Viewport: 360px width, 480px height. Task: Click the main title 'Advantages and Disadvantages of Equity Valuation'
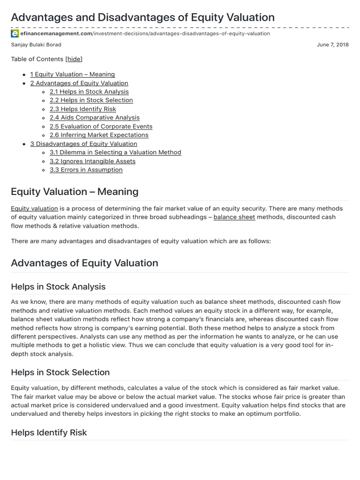coord(142,17)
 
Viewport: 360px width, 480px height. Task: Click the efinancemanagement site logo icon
coord(15,34)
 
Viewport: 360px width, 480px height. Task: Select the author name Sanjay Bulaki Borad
coord(36,45)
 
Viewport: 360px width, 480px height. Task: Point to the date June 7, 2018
coord(333,45)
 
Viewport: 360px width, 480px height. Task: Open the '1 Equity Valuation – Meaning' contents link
coord(72,74)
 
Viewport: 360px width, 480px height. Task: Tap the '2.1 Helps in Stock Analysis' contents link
coord(89,92)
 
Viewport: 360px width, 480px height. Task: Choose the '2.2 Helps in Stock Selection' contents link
coord(91,100)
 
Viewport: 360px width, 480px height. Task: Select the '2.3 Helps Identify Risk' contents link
coord(82,109)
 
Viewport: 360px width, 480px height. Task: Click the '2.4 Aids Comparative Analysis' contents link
coord(94,118)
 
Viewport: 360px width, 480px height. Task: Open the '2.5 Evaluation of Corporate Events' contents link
coord(101,127)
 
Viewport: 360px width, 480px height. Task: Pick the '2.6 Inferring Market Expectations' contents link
coord(99,135)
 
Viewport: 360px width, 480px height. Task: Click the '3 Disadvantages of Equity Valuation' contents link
coord(83,144)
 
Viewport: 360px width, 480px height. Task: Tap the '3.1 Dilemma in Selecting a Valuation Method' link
coord(115,152)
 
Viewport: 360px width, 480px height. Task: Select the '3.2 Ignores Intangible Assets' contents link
coord(92,161)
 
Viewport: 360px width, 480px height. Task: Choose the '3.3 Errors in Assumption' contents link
coord(86,170)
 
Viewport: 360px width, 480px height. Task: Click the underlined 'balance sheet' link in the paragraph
coord(234,217)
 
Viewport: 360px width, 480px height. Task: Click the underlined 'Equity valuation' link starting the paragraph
coord(34,208)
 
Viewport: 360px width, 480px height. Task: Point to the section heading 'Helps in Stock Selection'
coord(60,372)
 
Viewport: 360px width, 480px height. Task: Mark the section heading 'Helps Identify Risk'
coord(49,432)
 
